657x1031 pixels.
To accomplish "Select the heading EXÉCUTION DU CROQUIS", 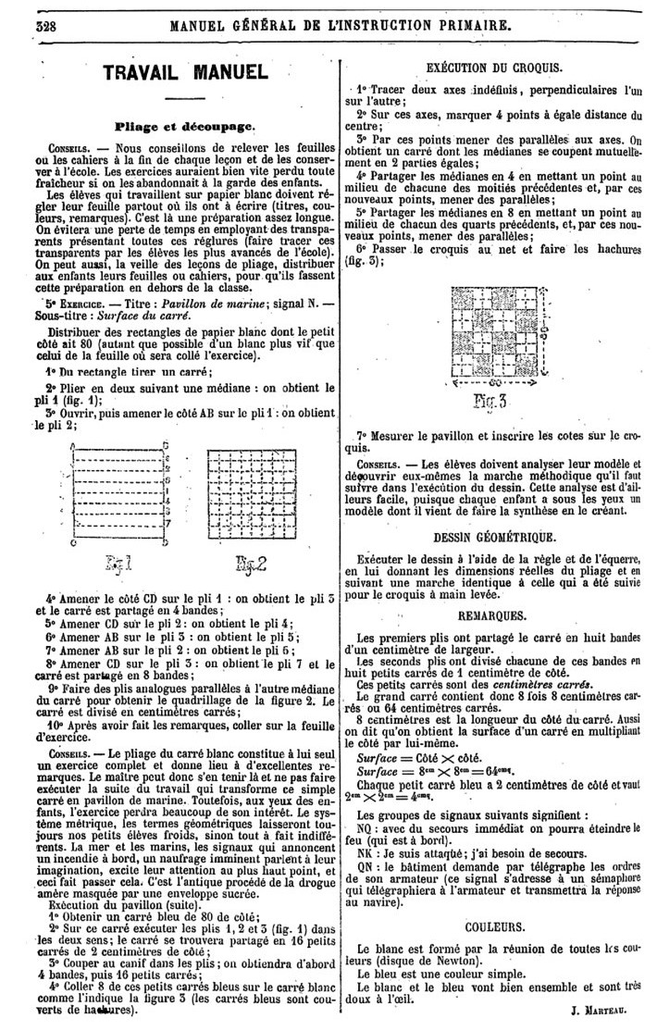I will [498, 68].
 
